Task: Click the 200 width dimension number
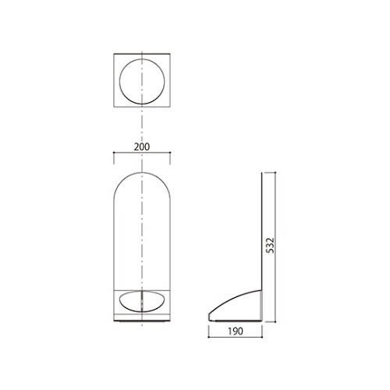[x=141, y=146]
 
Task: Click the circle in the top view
[x=143, y=81]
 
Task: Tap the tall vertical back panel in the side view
[x=260, y=234]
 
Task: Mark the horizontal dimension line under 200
[x=143, y=154]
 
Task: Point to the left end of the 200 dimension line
[x=115, y=154]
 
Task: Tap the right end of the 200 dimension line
[x=171, y=154]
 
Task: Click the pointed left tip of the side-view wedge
[x=208, y=316]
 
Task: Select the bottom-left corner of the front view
[x=115, y=321]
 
